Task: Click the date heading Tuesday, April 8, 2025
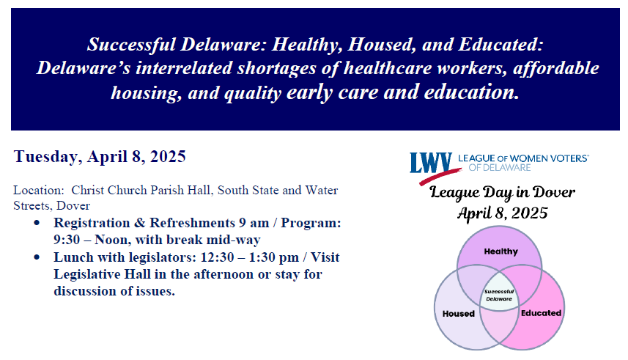(100, 156)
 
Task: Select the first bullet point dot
(37, 221)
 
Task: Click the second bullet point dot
(37, 258)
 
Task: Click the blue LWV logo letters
(431, 163)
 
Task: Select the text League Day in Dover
(502, 193)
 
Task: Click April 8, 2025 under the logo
(502, 213)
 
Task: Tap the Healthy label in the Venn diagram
(500, 251)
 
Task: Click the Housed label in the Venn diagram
(459, 313)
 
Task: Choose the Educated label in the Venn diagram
(541, 313)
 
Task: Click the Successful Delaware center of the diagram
(499, 295)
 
